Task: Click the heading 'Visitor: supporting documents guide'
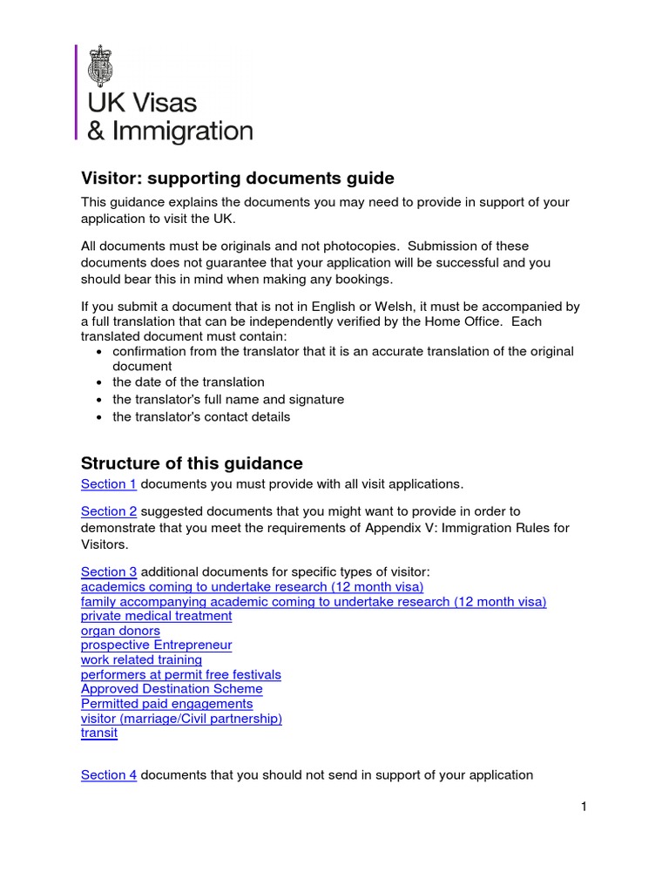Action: (x=237, y=179)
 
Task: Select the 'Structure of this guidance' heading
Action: (x=192, y=463)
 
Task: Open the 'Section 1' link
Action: (x=109, y=483)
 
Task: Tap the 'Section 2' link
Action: (x=109, y=511)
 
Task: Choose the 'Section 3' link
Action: (x=109, y=571)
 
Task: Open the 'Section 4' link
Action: (x=109, y=774)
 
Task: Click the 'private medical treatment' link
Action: (x=156, y=616)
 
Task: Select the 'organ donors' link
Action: (x=120, y=631)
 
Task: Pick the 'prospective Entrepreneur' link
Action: (x=156, y=645)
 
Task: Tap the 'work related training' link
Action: (x=141, y=660)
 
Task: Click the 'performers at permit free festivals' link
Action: (x=180, y=675)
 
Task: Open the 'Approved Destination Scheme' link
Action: (x=172, y=689)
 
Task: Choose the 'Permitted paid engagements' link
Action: (x=166, y=704)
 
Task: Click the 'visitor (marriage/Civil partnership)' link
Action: (x=181, y=719)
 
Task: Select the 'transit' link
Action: (x=98, y=733)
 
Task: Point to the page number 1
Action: (x=584, y=807)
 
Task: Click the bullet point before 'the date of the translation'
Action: (x=100, y=382)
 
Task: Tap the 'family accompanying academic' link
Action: (x=314, y=602)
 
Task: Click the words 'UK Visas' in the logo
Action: (x=141, y=103)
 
